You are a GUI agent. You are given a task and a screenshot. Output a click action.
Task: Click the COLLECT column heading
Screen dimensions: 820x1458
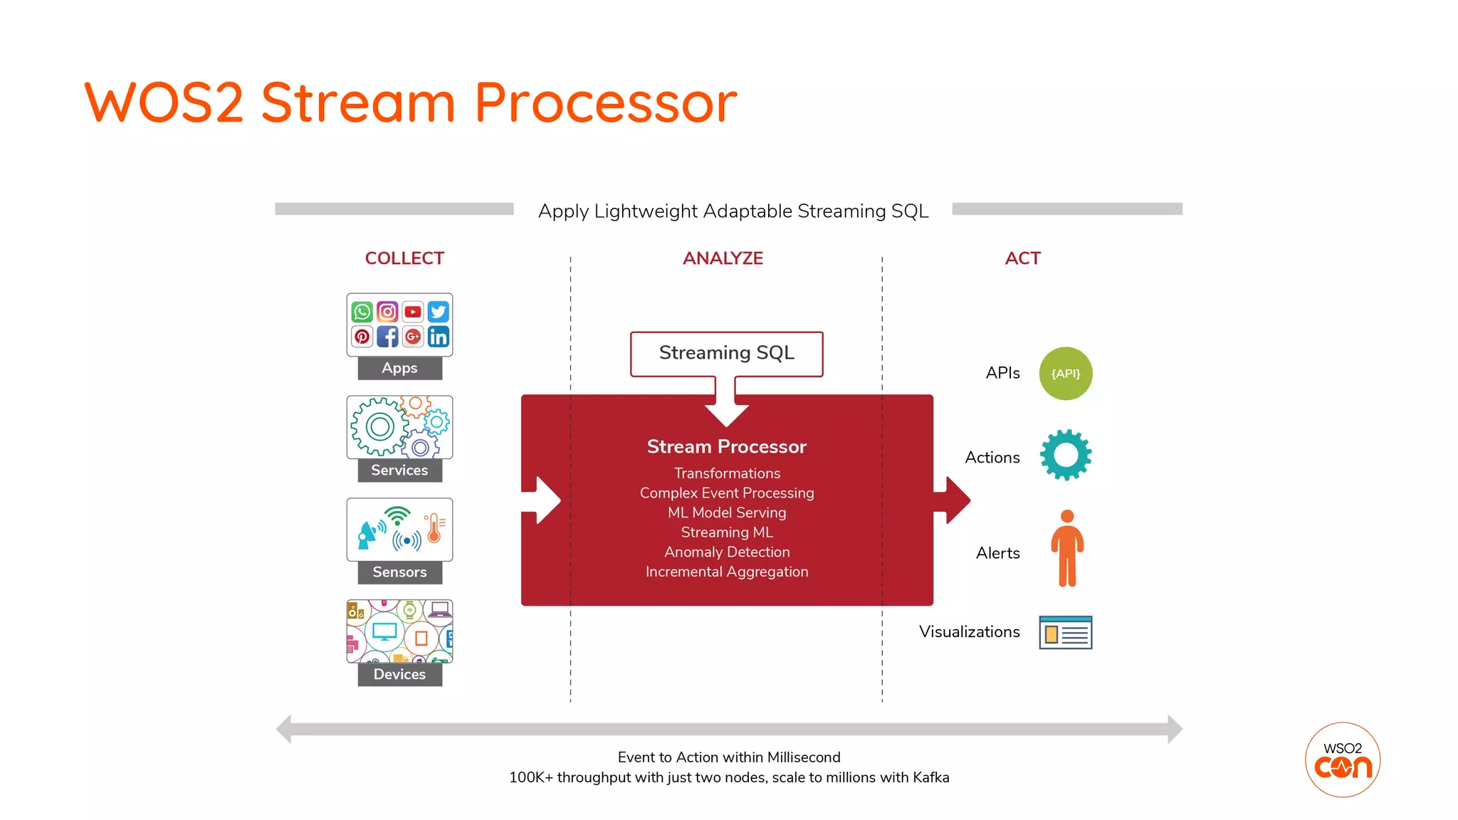coord(404,258)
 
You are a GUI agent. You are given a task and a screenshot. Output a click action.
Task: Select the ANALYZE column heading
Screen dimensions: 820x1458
coord(723,258)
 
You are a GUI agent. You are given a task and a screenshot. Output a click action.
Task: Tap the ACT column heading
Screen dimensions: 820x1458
coord(1022,258)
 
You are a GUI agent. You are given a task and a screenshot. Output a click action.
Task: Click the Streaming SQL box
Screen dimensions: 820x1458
coord(726,353)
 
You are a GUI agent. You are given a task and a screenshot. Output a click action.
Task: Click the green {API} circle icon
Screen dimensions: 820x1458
coord(1065,374)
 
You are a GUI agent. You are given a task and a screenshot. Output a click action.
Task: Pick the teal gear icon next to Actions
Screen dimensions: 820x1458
coord(1065,455)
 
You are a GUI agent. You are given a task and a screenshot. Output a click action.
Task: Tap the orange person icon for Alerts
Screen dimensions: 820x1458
coord(1066,548)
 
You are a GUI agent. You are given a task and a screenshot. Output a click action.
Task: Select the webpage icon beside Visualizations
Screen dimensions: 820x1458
coord(1065,632)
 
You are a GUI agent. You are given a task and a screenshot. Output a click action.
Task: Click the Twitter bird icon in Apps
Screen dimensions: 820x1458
coord(439,312)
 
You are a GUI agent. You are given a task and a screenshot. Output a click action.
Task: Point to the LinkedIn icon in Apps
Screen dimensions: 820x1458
coord(439,337)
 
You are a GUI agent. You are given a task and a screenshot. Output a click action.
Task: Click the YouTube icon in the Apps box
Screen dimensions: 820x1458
coord(413,312)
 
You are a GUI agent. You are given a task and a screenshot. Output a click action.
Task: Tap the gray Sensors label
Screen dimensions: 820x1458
coord(399,572)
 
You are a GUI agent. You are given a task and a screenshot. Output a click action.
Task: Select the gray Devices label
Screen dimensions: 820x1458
coord(399,674)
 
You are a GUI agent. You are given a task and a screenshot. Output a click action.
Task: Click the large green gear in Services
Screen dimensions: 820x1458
coord(379,427)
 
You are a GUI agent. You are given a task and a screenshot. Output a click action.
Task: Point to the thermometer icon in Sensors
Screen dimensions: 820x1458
coord(434,528)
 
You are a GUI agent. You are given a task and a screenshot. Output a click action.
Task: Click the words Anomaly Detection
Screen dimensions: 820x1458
coord(726,552)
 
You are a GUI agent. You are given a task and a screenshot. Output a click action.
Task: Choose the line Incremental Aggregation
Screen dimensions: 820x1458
coord(726,572)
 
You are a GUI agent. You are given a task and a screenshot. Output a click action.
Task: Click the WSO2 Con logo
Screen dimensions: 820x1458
coord(1342,760)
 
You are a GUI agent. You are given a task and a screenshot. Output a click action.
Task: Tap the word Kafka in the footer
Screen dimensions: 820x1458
coord(930,778)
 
